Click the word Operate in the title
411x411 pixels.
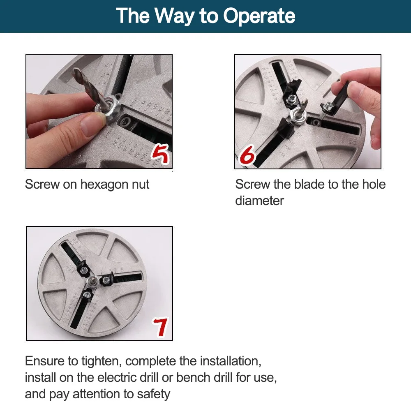click(x=259, y=16)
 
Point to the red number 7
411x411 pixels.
click(x=160, y=327)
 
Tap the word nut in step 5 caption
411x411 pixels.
click(x=141, y=184)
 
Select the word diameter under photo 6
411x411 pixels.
click(x=259, y=201)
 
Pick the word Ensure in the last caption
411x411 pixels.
click(x=45, y=361)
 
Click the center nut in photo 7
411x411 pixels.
click(x=92, y=281)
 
